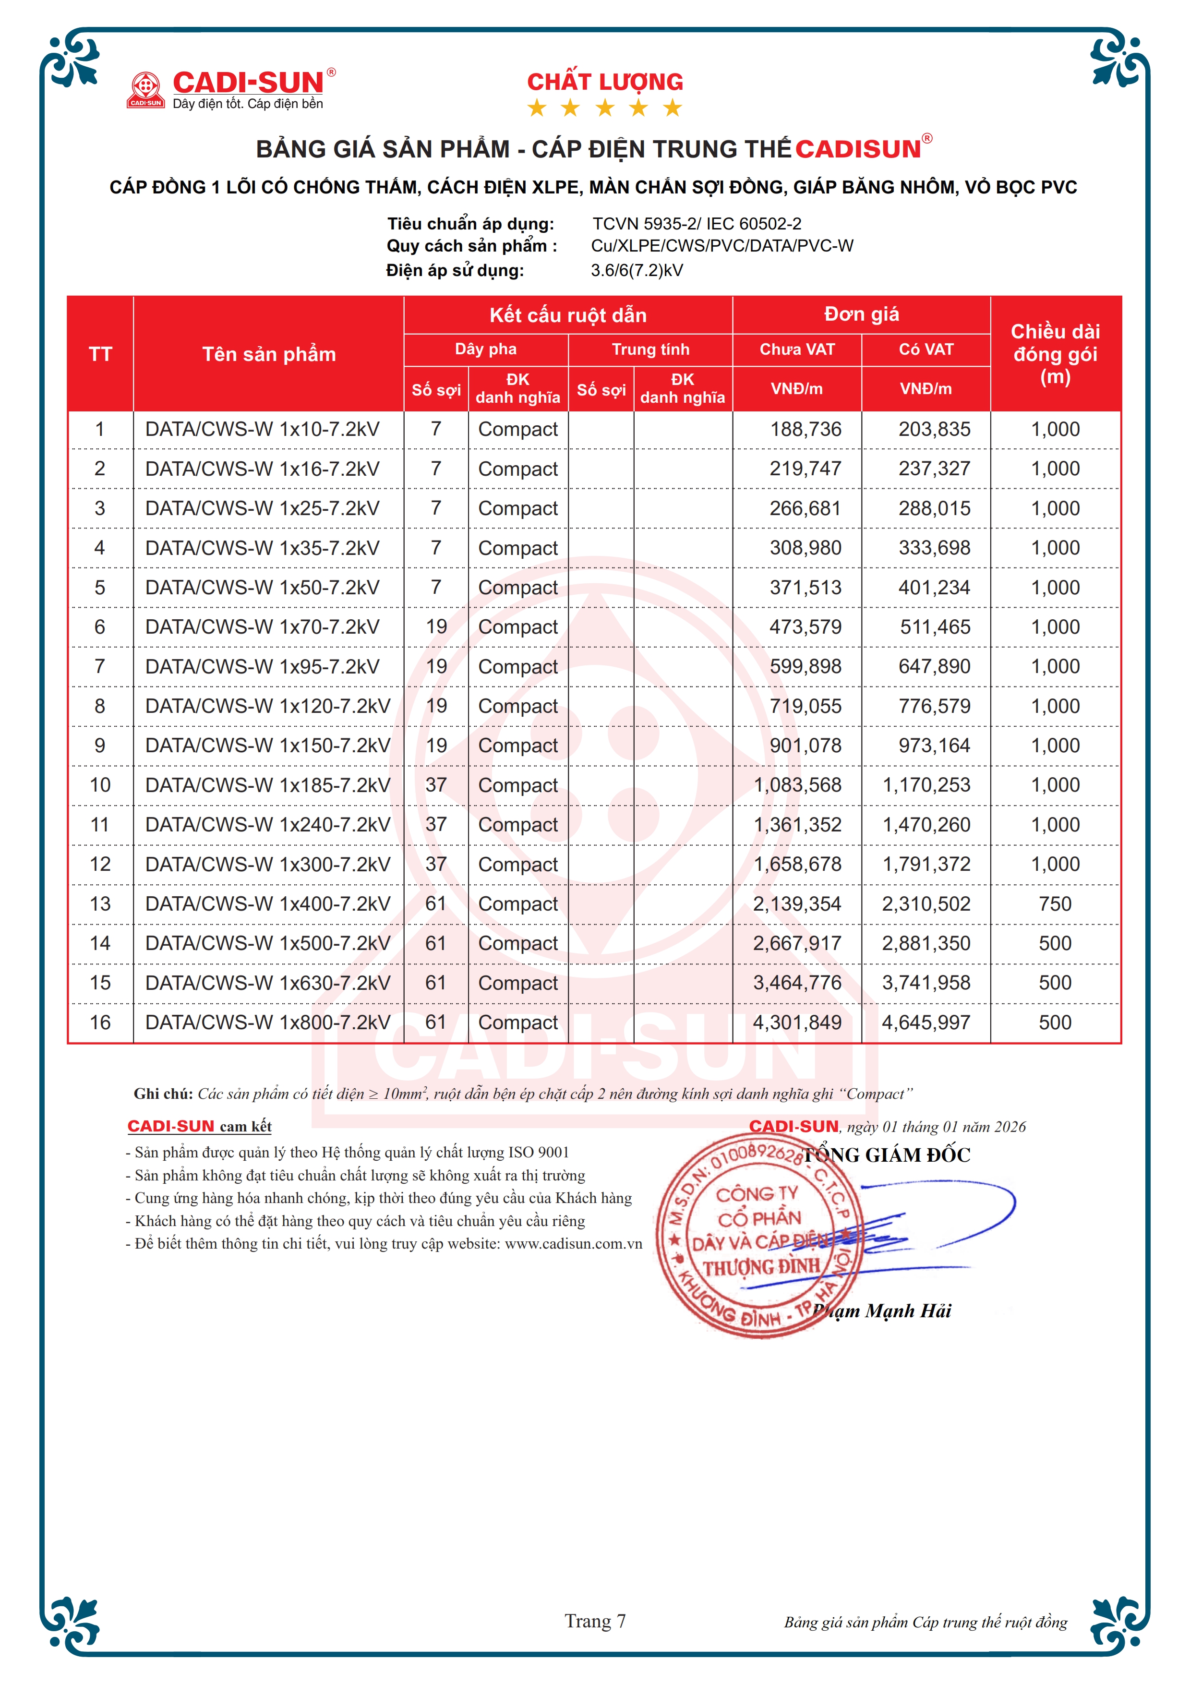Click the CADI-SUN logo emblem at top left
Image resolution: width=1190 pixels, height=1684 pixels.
[145, 89]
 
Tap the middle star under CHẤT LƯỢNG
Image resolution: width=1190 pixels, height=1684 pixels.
[605, 108]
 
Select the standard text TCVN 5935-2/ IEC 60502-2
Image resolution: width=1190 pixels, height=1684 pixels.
[697, 224]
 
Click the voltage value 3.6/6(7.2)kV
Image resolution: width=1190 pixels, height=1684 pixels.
[637, 271]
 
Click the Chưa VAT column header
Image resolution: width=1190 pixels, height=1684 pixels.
[797, 349]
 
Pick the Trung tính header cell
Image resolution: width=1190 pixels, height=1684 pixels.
[650, 349]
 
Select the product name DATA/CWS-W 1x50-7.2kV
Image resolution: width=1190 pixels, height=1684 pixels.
[263, 588]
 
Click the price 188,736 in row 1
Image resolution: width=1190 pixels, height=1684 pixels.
[805, 429]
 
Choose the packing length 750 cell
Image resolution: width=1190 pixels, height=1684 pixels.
[1055, 903]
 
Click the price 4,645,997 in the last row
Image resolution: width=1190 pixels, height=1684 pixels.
[926, 1022]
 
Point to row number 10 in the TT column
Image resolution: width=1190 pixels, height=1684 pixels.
[100, 785]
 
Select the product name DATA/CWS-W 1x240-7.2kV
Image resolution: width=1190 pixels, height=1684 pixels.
[268, 824]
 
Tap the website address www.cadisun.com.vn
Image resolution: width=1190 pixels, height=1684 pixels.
[573, 1244]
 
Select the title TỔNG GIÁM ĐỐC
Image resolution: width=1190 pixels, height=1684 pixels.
[887, 1155]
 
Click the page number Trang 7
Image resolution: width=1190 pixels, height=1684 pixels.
[595, 1621]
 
